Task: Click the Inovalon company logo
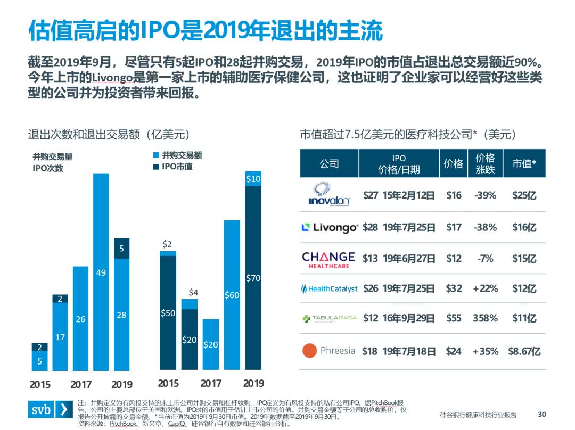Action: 329,195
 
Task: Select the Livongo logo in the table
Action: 330,228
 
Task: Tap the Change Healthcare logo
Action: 328,259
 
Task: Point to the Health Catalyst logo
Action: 329,288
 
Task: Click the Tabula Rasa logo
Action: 329,319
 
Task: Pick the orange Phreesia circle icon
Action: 310,351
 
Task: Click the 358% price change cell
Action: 485,318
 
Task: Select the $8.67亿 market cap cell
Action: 524,351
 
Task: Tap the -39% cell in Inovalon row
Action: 485,195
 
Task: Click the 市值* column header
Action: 524,164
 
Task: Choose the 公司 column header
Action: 329,164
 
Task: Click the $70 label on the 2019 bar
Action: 253,278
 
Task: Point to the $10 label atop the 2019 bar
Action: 253,179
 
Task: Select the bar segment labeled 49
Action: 101,272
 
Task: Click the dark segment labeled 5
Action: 121,248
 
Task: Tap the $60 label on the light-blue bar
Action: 232,295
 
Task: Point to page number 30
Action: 543,415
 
